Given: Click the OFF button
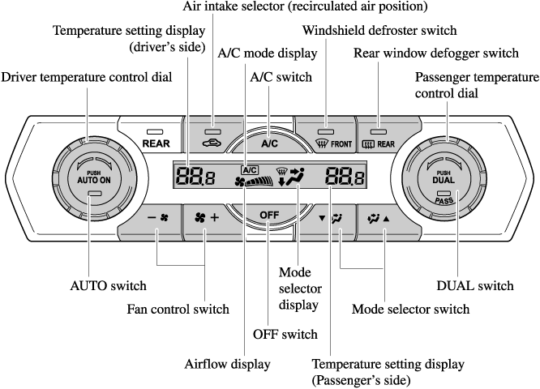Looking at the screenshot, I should pos(269,215).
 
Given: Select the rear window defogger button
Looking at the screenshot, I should pos(379,139).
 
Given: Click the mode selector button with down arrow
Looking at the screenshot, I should pos(332,219).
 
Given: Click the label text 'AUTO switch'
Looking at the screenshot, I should pos(108,285).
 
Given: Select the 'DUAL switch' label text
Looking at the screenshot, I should pos(475,285).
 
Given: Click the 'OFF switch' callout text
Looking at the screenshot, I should pos(284,333).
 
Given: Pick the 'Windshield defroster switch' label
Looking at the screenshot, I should pos(380,31).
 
